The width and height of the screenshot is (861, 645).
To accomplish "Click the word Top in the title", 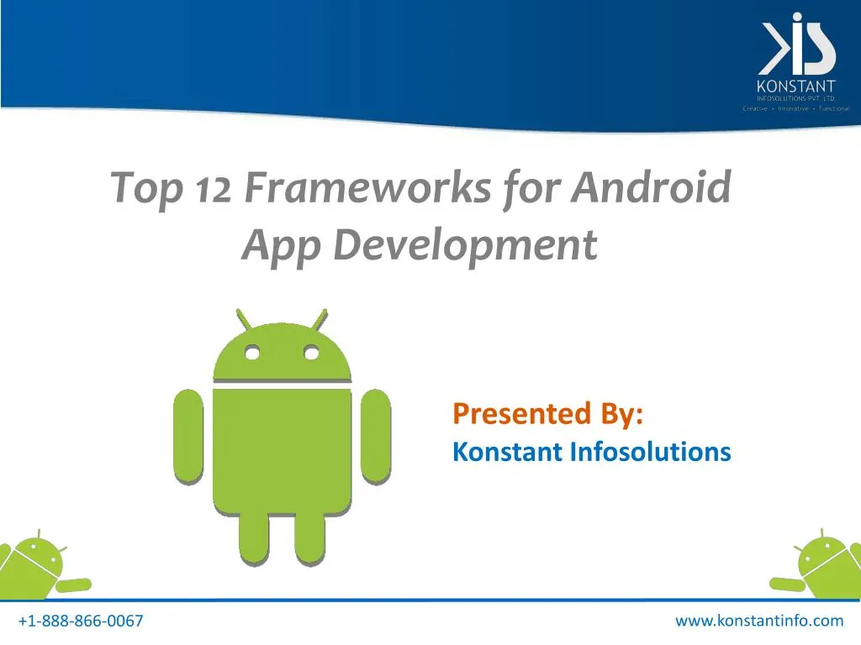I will point(147,188).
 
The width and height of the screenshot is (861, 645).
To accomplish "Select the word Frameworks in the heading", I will point(367,186).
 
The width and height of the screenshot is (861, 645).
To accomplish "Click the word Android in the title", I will point(651,186).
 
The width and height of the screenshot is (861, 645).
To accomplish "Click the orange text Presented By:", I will point(548,413).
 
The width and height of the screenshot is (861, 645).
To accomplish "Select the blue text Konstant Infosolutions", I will point(591,452).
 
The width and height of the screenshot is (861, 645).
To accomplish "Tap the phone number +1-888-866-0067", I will point(81,621).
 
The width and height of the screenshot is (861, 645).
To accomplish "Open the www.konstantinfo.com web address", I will point(758,621).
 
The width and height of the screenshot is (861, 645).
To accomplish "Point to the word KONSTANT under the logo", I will point(796,86).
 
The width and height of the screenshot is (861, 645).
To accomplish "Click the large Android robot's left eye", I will point(250,354).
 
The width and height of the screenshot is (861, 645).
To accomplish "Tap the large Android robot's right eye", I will point(311,354).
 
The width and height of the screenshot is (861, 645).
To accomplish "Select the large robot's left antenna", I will point(243,320).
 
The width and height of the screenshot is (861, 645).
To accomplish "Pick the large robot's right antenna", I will point(319,320).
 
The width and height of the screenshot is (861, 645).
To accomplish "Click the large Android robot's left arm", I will point(188,436).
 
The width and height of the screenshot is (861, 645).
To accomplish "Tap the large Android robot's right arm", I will point(375,436).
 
